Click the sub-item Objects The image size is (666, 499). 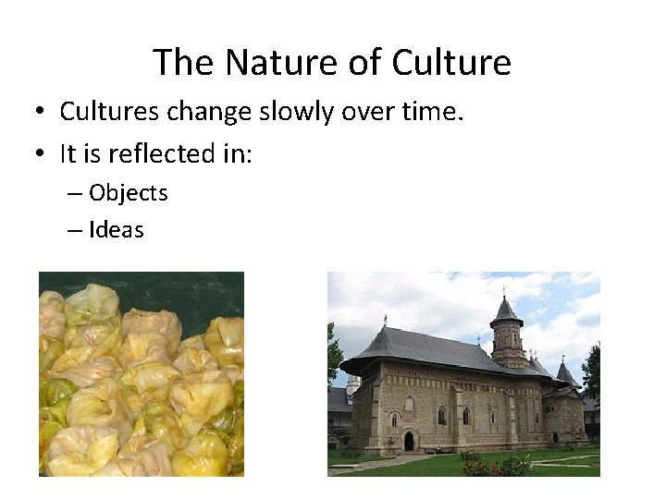click(x=129, y=193)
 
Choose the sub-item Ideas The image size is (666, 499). click(x=117, y=230)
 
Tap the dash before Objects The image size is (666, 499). click(x=74, y=194)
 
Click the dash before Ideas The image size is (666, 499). click(x=74, y=231)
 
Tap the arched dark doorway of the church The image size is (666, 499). click(x=408, y=441)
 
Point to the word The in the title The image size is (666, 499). click(x=184, y=63)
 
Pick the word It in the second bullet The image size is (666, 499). click(x=68, y=153)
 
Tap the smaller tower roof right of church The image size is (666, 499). click(x=565, y=373)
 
